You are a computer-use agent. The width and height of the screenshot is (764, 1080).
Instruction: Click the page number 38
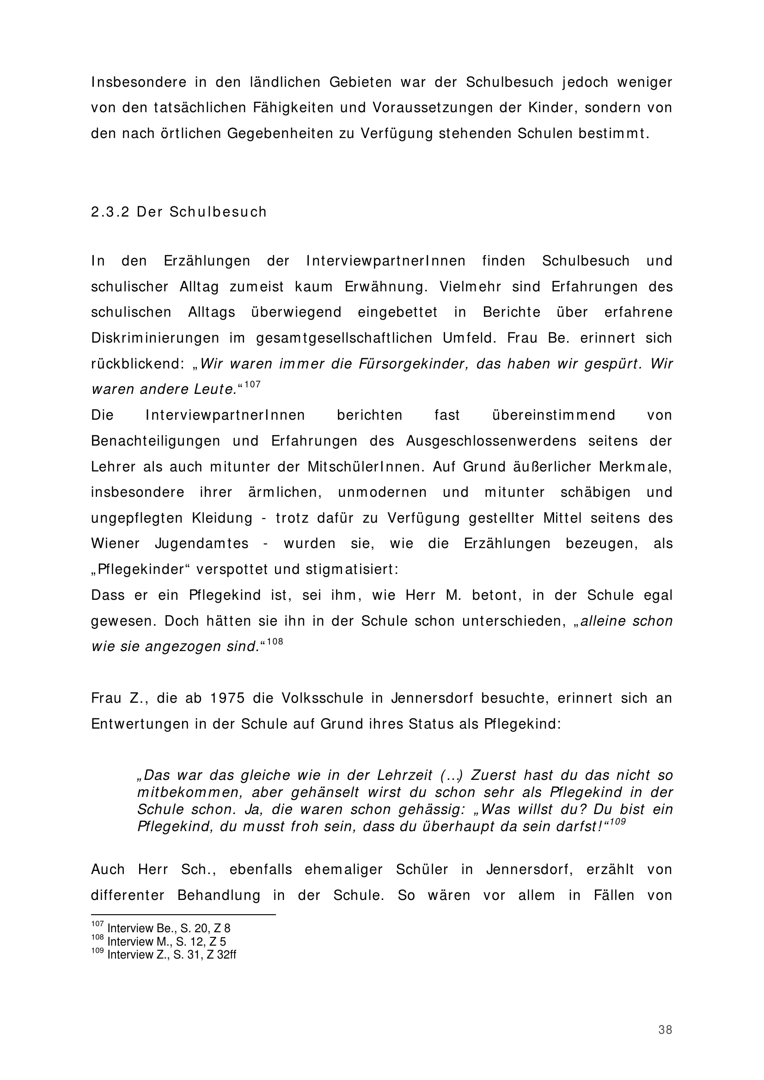tap(665, 1030)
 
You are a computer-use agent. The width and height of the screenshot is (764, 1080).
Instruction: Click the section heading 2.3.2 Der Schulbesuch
tap(179, 212)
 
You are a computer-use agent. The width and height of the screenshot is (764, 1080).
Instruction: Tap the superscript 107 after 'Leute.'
tap(252, 384)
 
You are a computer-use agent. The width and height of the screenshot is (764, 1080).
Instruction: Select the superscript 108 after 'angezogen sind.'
tap(275, 642)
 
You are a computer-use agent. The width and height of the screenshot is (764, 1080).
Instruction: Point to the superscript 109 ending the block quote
tap(617, 821)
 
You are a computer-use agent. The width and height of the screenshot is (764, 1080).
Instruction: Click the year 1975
tap(227, 698)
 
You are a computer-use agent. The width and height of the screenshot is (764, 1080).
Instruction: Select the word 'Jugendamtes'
tap(202, 544)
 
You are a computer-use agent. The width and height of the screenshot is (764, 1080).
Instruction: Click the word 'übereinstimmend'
tap(554, 416)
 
